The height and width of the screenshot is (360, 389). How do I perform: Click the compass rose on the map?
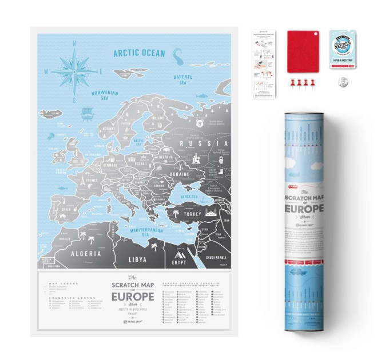74,70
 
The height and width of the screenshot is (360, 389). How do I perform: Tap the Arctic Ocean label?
138,53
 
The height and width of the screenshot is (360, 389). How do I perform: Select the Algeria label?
81,253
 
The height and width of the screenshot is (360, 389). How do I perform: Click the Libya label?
137,258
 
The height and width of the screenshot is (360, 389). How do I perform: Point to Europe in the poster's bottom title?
132,297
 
